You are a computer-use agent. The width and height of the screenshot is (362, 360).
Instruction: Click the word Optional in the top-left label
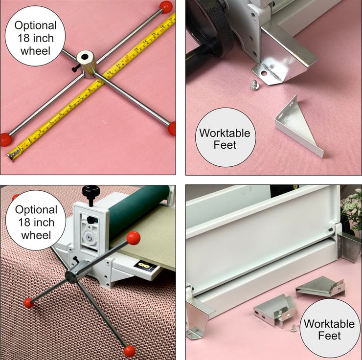point(35,25)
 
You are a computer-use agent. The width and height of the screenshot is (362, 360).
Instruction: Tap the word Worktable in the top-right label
point(225,133)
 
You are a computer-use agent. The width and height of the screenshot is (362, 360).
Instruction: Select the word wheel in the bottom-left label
point(36,235)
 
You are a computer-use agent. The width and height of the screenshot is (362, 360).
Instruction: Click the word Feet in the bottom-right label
point(329,336)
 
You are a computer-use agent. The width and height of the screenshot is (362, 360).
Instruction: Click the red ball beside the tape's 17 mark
point(166,7)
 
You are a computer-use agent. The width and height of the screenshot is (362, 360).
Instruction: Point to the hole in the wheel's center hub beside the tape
point(85,57)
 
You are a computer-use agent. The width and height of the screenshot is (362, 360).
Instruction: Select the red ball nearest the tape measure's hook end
point(6,139)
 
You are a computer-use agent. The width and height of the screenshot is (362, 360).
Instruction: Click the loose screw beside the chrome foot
point(254,85)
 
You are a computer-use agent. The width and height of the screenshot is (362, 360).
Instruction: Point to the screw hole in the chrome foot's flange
point(264,73)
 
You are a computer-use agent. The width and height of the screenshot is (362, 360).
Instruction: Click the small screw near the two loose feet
point(294,328)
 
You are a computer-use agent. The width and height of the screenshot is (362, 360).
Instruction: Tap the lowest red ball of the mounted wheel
point(129,351)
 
